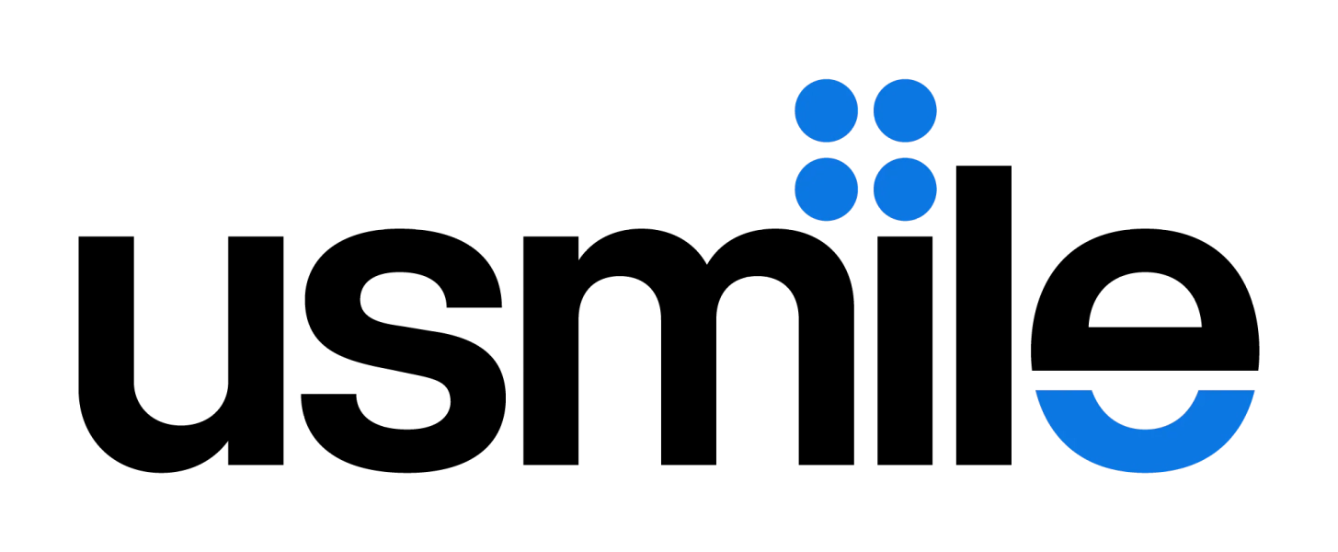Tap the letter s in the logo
point(403,351)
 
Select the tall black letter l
point(984,315)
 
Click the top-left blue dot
point(826,110)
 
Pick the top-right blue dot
point(905,110)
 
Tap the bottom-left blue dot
point(826,190)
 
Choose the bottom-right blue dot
point(905,190)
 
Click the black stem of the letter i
point(905,351)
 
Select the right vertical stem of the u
point(256,351)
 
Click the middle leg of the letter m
point(689,383)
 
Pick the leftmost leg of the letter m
point(551,351)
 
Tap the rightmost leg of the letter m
point(827,383)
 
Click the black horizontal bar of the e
point(1145,349)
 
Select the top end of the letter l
point(984,167)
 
